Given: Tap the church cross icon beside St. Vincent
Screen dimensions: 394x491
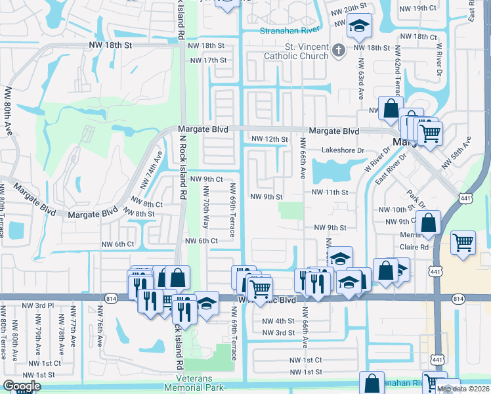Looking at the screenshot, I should (337, 50).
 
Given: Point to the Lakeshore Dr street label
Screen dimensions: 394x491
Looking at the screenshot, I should (343, 150).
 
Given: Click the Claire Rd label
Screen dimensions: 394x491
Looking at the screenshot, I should (414, 248).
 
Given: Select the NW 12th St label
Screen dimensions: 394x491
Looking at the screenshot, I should (270, 139).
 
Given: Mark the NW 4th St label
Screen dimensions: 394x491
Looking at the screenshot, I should (278, 321).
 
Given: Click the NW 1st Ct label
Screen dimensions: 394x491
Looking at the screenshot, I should (306, 361).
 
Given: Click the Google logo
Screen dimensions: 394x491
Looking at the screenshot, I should (22, 386).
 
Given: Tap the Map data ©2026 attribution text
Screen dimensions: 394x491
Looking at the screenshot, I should (462, 389).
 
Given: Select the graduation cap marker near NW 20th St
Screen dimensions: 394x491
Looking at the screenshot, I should (359, 26).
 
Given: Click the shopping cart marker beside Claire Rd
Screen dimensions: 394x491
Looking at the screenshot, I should (463, 242).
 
